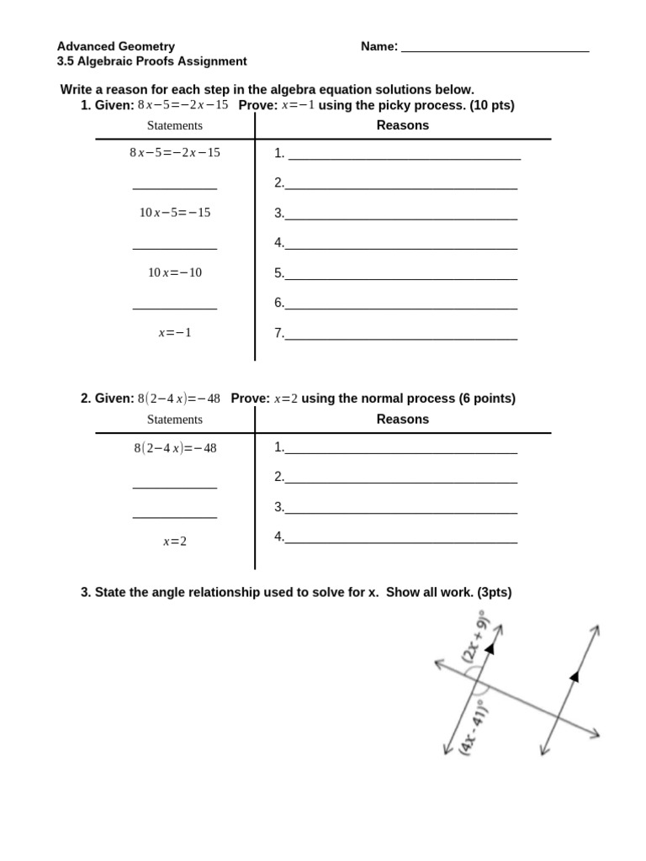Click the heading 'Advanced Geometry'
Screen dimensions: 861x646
pyautogui.click(x=116, y=46)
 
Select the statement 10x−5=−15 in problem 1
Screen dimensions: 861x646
pyautogui.click(x=175, y=213)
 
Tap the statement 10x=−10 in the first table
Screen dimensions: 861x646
pyautogui.click(x=175, y=272)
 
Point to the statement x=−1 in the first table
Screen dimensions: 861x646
pyautogui.click(x=175, y=333)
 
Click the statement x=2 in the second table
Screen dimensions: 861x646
pyautogui.click(x=175, y=541)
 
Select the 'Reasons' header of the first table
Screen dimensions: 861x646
pyautogui.click(x=402, y=125)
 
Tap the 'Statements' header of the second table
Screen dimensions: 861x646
pyautogui.click(x=175, y=420)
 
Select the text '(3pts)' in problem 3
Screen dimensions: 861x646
pyautogui.click(x=494, y=593)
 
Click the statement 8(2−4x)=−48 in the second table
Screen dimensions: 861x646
pyautogui.click(x=175, y=448)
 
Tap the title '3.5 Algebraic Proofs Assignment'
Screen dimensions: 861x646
pyautogui.click(x=151, y=61)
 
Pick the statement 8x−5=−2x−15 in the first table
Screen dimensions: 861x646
pyautogui.click(x=175, y=153)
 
